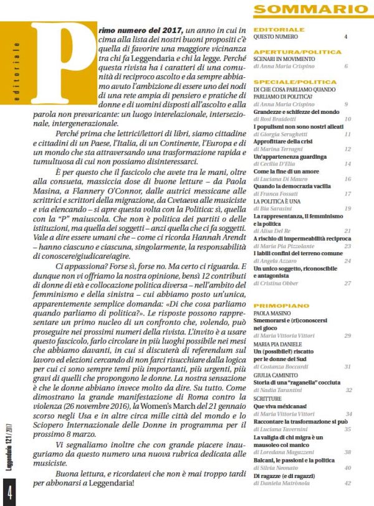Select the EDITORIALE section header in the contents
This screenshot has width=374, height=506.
[x=279, y=29]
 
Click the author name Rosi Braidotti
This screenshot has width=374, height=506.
[x=284, y=118]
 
